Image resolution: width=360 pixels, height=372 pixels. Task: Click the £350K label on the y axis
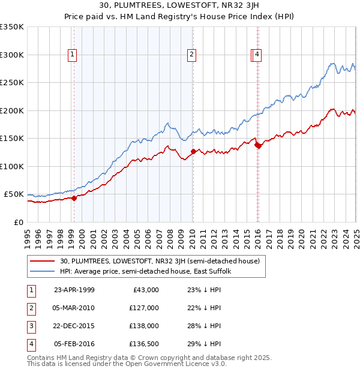coord(12,27)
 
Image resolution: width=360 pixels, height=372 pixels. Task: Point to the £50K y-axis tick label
coord(14,194)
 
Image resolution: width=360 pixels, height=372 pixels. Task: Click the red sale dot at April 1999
coord(74,198)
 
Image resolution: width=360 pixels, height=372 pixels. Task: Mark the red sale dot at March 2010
coord(193,152)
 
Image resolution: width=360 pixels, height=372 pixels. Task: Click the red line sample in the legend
coord(43,261)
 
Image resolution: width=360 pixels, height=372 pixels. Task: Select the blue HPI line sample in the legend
coord(43,271)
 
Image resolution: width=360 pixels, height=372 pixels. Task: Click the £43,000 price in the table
coord(145,289)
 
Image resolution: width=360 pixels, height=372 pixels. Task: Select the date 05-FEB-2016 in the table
coord(74,344)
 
